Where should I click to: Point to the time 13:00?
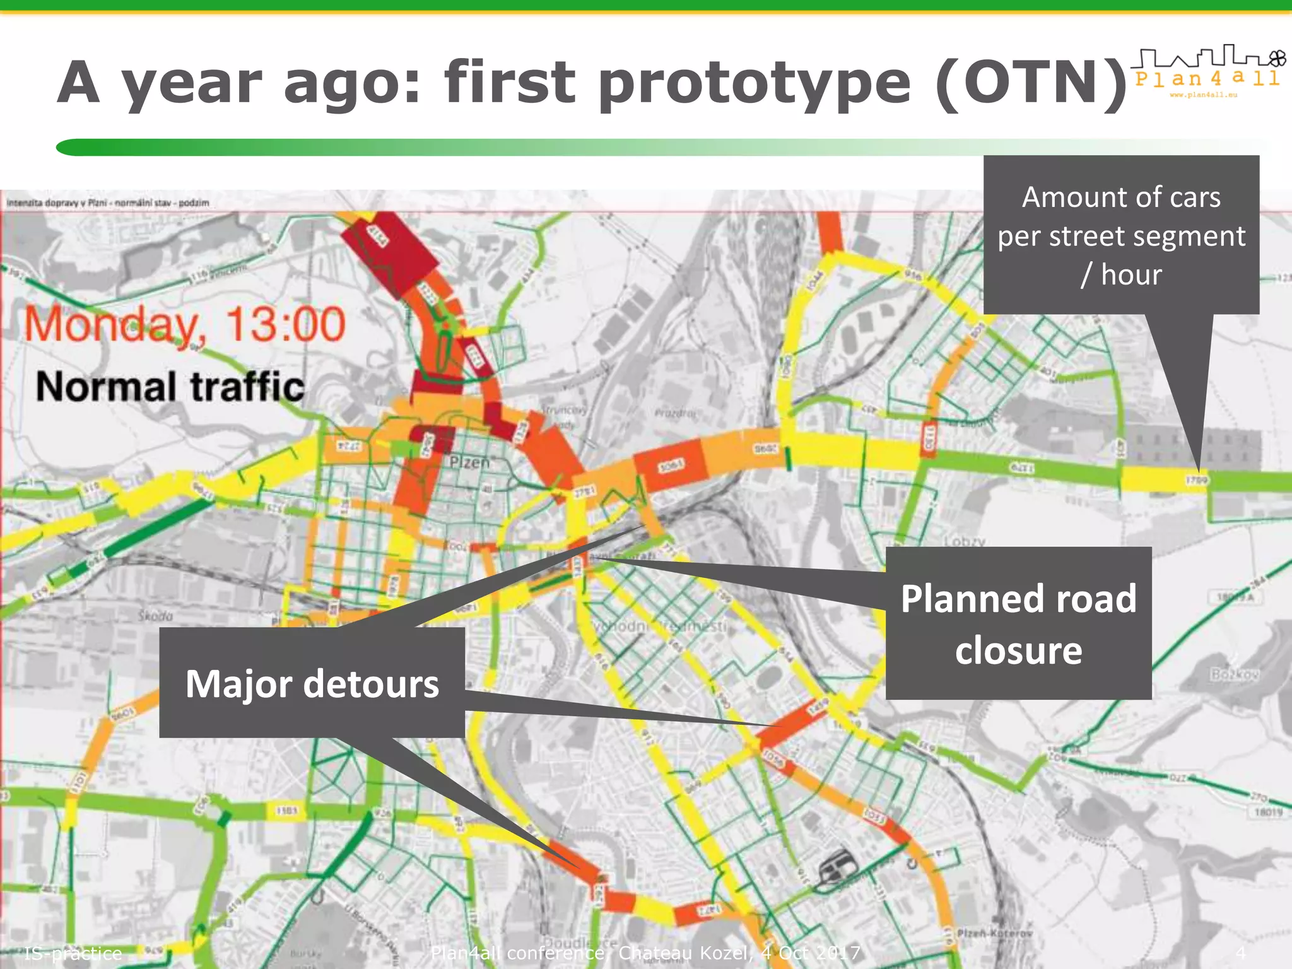tap(285, 324)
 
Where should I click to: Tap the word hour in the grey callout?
tap(1131, 275)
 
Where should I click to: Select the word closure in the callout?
tap(1018, 650)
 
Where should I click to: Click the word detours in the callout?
tap(371, 684)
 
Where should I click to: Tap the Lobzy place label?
tap(965, 541)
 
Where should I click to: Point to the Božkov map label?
tap(1235, 674)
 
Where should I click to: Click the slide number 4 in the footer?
tap(1240, 952)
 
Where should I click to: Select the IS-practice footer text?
tap(73, 953)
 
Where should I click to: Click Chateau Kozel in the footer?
tap(685, 953)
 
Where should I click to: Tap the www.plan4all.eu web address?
tap(1204, 95)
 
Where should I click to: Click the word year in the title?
tap(191, 84)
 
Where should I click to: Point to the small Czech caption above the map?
tap(108, 203)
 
